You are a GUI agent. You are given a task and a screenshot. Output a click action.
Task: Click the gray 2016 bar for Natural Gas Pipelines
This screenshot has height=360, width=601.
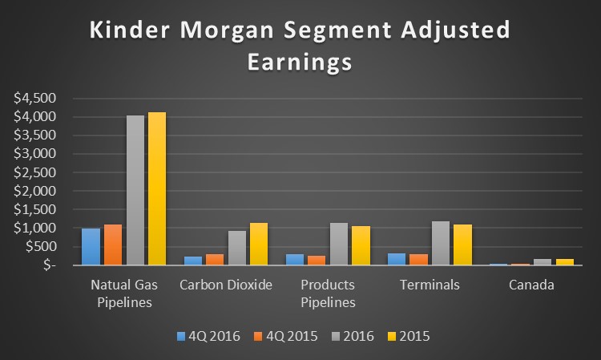tap(135, 190)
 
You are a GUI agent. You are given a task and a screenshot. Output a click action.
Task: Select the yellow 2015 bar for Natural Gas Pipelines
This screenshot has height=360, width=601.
tap(158, 188)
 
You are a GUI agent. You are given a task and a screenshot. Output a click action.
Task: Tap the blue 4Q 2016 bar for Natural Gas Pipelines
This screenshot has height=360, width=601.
tap(91, 246)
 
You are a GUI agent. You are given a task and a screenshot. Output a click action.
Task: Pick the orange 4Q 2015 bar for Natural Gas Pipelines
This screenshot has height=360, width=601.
tap(113, 245)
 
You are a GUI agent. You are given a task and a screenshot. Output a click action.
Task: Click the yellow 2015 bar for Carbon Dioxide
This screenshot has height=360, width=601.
tap(259, 244)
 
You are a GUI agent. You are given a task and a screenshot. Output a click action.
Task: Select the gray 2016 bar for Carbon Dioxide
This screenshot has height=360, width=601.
tap(236, 248)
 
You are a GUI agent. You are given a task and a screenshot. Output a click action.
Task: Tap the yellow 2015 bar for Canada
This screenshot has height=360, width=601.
tap(564, 261)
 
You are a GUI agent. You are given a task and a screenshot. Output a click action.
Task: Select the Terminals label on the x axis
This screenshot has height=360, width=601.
tap(429, 285)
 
